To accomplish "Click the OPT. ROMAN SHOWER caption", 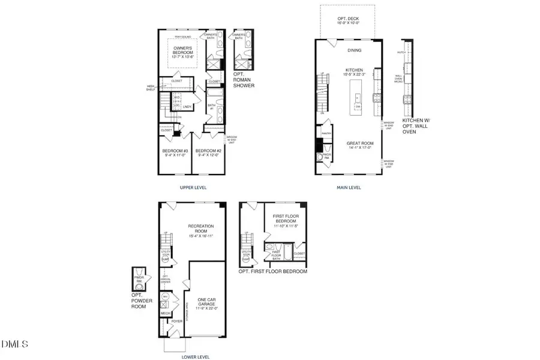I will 244,80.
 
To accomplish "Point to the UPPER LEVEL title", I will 193,187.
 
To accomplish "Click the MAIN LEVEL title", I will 349,187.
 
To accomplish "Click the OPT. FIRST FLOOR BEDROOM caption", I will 272,271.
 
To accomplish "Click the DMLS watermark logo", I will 15,344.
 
